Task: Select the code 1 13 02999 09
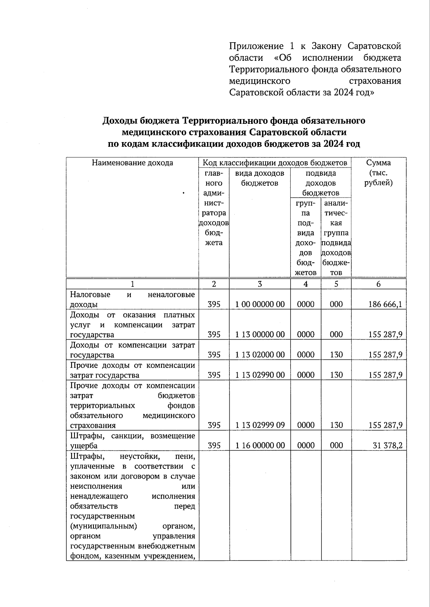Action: pos(260,425)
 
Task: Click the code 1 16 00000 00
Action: pos(260,445)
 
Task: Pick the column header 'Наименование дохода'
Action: pos(132,163)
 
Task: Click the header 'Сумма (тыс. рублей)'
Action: pos(378,173)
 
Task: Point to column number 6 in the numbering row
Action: pos(378,284)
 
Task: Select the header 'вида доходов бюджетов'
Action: pos(260,178)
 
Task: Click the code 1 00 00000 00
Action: pos(260,304)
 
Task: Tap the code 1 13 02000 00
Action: pos(260,355)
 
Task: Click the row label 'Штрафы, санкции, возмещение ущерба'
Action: pos(132,441)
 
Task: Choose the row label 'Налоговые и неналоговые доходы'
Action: pos(132,300)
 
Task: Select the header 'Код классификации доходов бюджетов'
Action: pos(275,163)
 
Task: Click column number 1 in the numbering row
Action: pos(132,284)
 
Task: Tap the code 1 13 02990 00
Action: pos(260,375)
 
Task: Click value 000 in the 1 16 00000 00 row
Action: pos(336,445)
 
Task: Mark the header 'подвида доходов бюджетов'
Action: pos(321,183)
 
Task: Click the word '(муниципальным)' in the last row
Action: pos(104,526)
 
